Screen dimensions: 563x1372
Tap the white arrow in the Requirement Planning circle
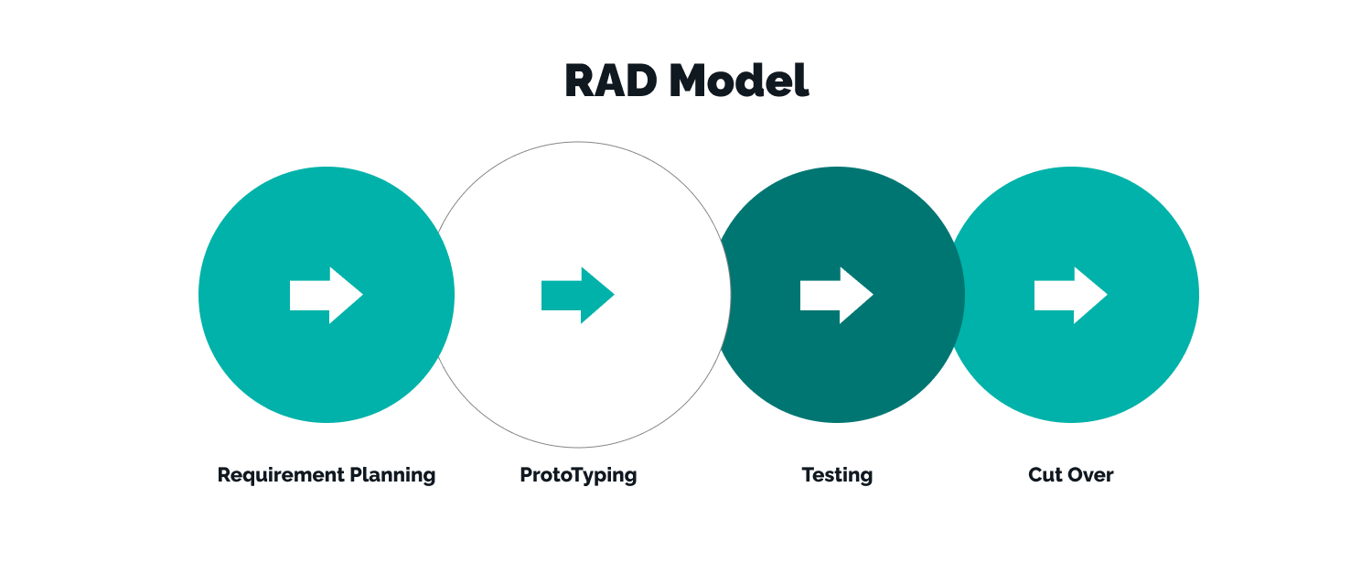point(327,295)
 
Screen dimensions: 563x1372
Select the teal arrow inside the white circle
point(578,295)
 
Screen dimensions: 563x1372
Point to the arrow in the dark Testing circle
point(837,295)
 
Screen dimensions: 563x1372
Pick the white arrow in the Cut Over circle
point(1071,295)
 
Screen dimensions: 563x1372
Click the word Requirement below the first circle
point(280,475)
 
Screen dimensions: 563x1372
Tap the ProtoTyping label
point(578,475)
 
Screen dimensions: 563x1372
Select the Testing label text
point(837,475)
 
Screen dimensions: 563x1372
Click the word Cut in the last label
point(1045,475)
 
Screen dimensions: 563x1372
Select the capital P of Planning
point(356,474)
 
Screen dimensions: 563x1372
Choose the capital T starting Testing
point(808,475)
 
